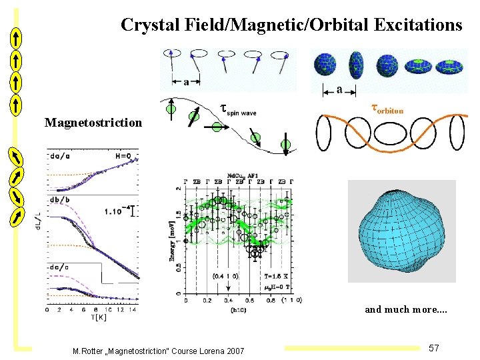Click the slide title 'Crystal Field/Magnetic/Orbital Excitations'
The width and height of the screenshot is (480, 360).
(x=291, y=25)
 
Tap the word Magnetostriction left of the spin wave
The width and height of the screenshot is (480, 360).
(x=93, y=123)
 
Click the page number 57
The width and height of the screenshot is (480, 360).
(x=433, y=348)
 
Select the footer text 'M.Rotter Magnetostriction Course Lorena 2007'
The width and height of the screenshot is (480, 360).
(x=159, y=351)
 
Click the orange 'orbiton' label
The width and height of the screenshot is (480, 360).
(x=387, y=107)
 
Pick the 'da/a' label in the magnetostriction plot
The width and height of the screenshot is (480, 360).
(x=59, y=157)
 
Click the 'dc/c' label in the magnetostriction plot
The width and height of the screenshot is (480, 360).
(x=59, y=267)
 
